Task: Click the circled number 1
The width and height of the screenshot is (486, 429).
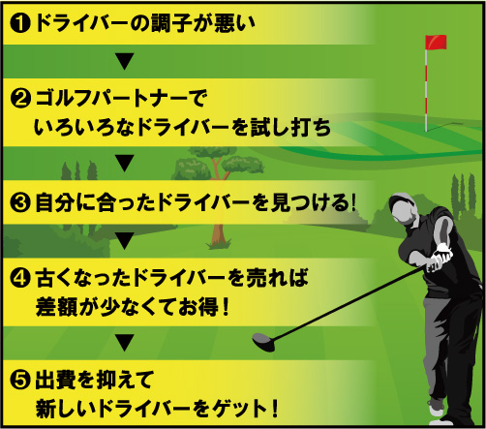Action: (20, 23)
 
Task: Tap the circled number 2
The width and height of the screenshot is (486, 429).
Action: (20, 99)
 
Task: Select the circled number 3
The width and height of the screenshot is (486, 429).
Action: (20, 203)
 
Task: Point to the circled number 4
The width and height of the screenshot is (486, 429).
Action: (20, 278)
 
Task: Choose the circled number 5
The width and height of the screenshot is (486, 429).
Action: (20, 380)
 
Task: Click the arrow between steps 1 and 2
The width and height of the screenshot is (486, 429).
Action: (125, 61)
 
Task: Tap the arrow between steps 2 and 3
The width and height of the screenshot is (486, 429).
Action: (125, 163)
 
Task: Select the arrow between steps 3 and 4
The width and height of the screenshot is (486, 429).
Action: (125, 241)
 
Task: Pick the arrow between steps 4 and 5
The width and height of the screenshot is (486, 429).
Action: (125, 343)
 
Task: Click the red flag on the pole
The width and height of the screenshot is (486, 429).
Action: (436, 43)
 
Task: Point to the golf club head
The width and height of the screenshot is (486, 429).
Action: (263, 342)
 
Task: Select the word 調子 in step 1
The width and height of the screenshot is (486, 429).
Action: (173, 23)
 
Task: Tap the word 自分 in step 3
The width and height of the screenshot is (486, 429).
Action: (55, 203)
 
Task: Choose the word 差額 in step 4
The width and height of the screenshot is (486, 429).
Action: (55, 307)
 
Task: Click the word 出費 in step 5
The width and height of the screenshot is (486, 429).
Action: (55, 380)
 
